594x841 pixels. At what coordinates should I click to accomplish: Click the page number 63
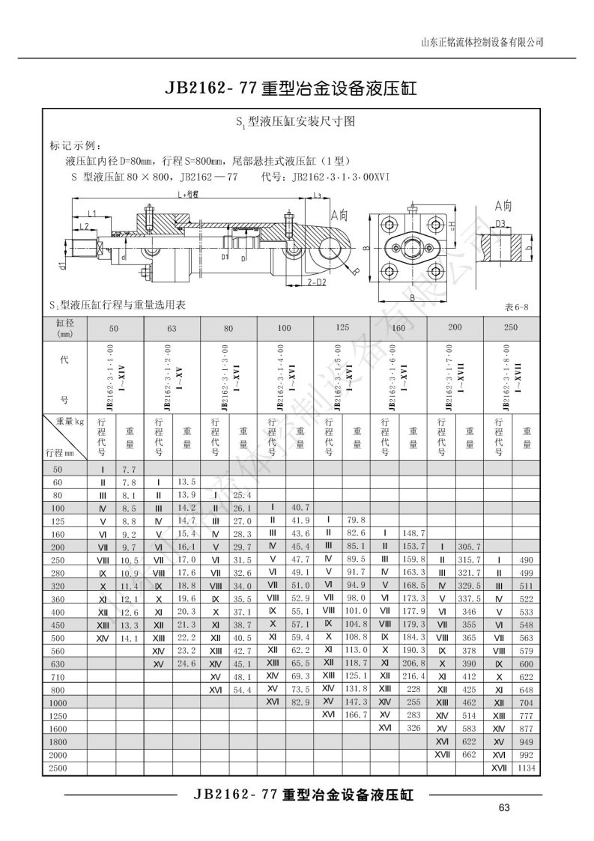tap(503, 807)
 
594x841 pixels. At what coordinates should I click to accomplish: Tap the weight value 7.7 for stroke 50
tap(128, 469)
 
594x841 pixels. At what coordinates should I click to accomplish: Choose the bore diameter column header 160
tap(398, 328)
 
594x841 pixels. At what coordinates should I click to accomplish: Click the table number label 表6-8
tap(518, 307)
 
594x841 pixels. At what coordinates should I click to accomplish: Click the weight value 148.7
tap(413, 532)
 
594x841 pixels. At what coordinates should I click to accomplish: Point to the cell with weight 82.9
tap(300, 702)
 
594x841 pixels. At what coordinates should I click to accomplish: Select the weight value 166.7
tap(355, 716)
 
